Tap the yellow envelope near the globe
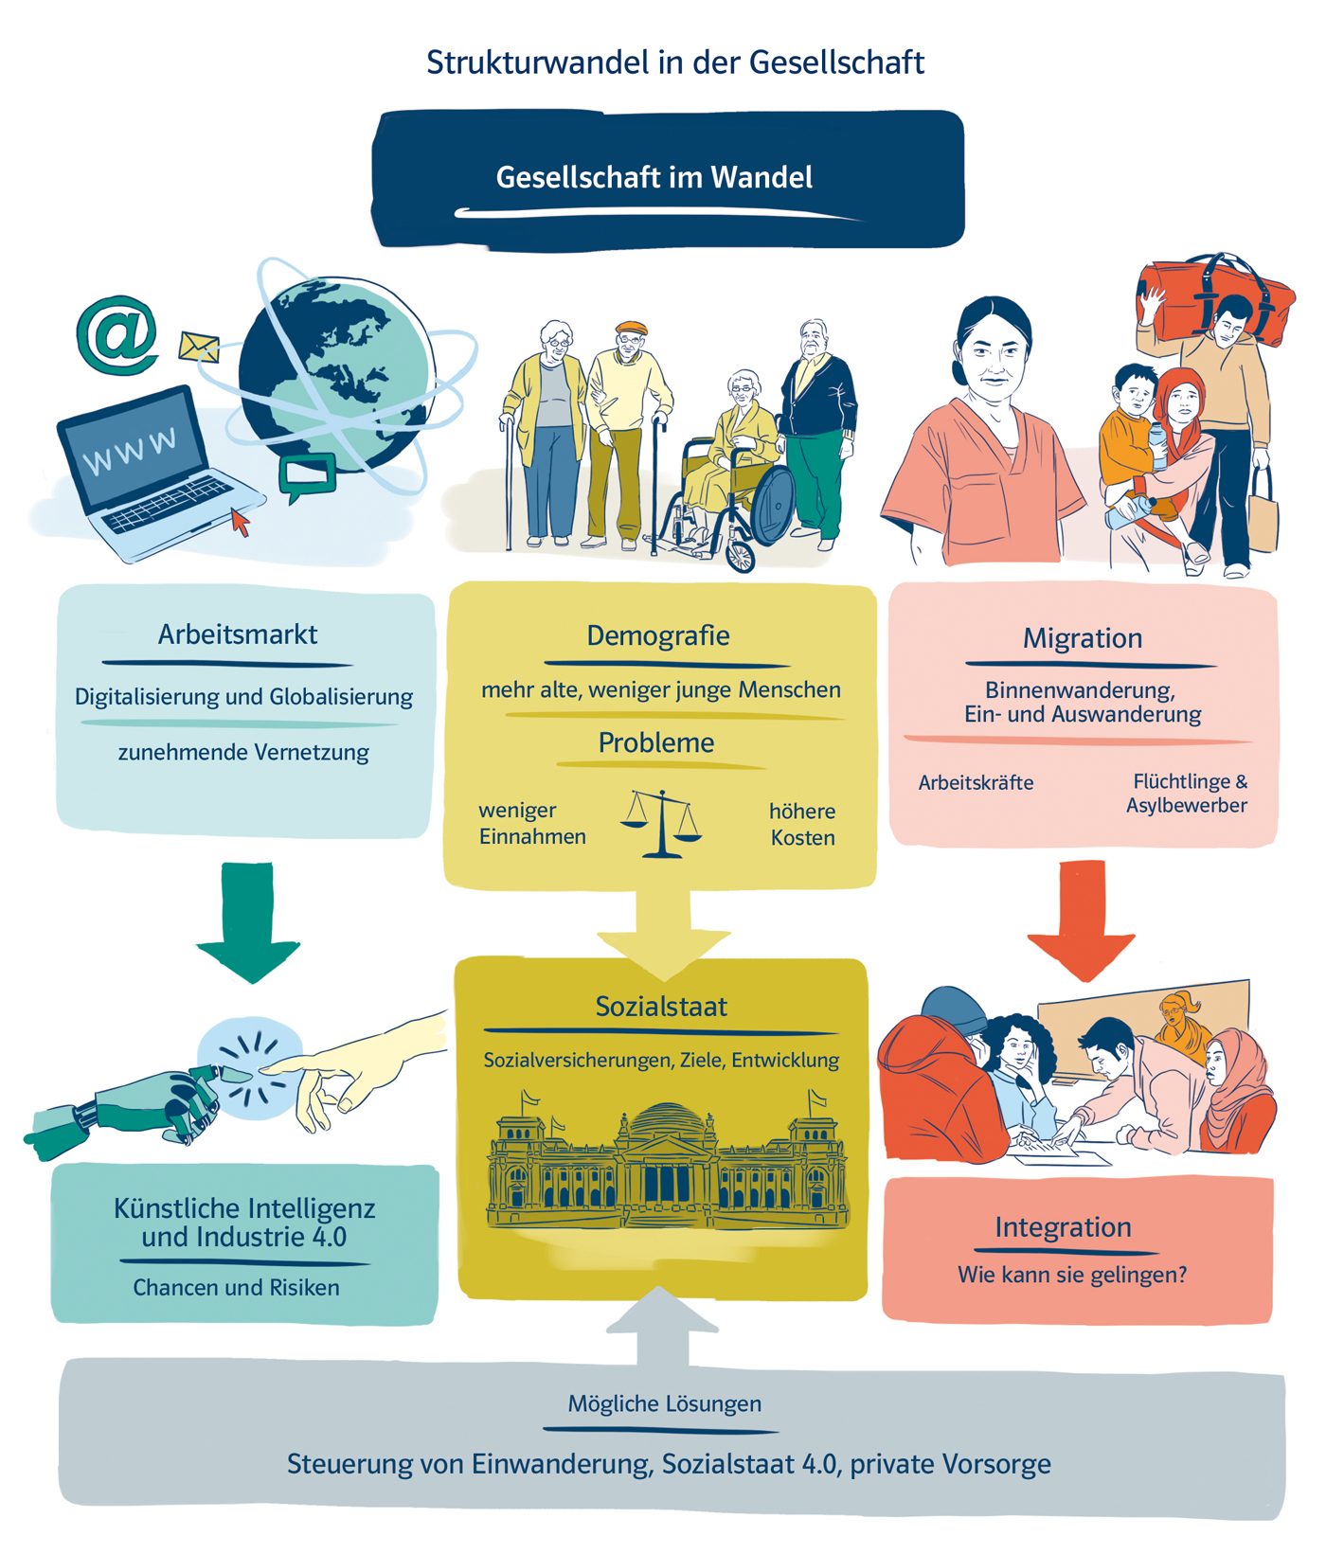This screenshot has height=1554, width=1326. [x=199, y=347]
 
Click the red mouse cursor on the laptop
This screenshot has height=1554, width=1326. [x=241, y=522]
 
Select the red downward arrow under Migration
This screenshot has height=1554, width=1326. [x=1082, y=919]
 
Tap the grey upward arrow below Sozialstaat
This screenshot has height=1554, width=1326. [x=662, y=1326]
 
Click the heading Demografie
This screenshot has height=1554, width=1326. [x=658, y=635]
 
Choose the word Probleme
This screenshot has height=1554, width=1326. [x=655, y=743]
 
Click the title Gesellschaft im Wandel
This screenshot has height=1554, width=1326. [x=654, y=177]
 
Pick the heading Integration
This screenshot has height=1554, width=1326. [x=1063, y=1227]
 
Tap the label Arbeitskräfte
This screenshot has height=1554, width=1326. [x=976, y=783]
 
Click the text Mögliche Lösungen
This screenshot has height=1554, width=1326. [x=664, y=1403]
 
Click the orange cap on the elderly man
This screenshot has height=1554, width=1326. [x=631, y=329]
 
